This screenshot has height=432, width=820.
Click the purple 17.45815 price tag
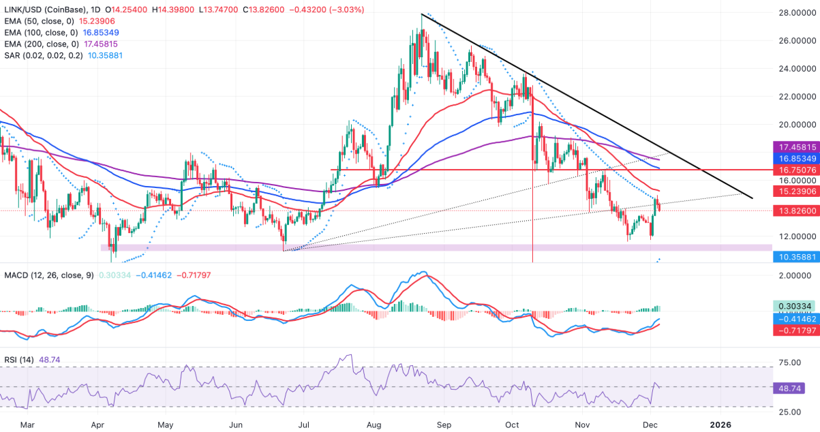[x=793, y=146]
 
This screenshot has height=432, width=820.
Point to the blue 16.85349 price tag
[x=793, y=157]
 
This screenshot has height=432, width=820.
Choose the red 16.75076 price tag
[x=793, y=169]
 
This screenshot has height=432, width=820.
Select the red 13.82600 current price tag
[x=793, y=211]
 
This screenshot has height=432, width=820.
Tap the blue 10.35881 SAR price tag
[x=793, y=257]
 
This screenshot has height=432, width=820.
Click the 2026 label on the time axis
[x=720, y=425]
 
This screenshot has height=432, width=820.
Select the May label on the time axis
[x=165, y=425]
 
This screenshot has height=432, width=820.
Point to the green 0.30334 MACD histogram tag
[x=793, y=307]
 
